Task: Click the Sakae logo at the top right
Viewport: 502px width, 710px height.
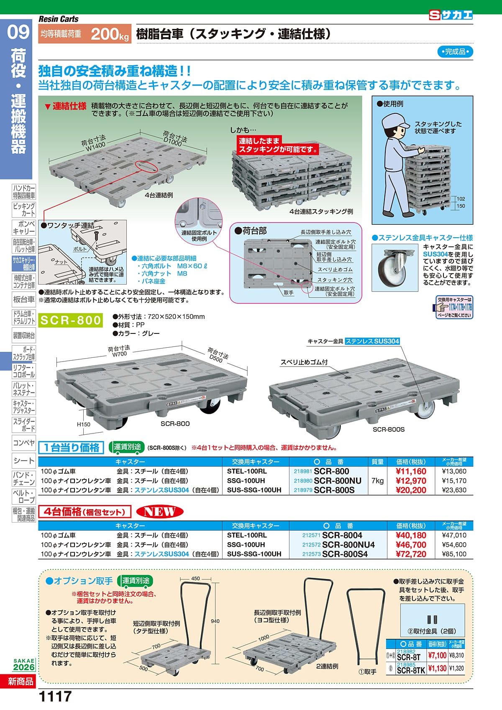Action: point(451,15)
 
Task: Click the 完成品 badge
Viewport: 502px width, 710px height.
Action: point(455,52)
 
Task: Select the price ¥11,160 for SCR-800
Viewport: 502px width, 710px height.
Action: point(411,472)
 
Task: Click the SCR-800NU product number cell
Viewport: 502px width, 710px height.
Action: point(337,481)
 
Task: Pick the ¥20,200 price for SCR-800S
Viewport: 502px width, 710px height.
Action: point(411,490)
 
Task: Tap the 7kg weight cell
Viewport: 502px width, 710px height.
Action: point(377,481)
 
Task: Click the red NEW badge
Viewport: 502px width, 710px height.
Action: point(159,511)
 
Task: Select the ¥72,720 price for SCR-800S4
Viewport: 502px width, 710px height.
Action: point(411,554)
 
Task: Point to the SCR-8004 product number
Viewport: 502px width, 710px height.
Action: point(342,535)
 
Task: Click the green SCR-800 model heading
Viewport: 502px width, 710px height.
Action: point(70,320)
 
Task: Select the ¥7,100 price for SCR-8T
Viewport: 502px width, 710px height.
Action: point(437,656)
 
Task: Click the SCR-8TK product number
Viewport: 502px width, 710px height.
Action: point(410,670)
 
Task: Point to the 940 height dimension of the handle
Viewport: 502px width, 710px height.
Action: point(215,621)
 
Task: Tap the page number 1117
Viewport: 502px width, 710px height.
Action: point(55,697)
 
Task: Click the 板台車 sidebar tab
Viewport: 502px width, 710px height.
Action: point(24,300)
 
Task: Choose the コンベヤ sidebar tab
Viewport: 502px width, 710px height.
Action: point(24,443)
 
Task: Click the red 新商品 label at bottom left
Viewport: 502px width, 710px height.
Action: point(20,682)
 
